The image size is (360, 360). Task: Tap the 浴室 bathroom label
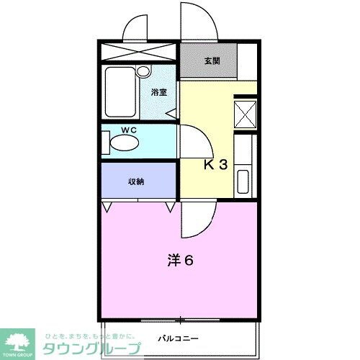click(159, 92)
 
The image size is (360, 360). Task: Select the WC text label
click(129, 130)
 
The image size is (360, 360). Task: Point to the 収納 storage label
click(137, 181)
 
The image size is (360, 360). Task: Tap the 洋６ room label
click(181, 260)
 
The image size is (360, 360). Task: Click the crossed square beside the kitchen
click(246, 114)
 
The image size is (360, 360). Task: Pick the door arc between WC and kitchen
click(190, 140)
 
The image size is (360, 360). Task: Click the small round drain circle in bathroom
click(143, 71)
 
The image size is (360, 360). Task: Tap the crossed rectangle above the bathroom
click(138, 53)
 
